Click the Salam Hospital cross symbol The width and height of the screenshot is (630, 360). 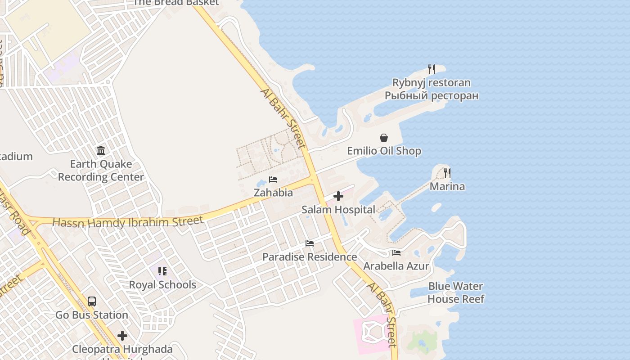click(x=338, y=196)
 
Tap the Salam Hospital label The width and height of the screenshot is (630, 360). click(x=338, y=210)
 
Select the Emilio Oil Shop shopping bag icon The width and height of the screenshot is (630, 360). click(x=384, y=138)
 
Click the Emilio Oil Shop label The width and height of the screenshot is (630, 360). click(x=384, y=151)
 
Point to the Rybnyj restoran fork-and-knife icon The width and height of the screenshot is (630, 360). click(x=431, y=69)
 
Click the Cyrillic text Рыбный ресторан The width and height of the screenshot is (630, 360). click(x=431, y=96)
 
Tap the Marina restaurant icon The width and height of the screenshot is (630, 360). click(x=447, y=173)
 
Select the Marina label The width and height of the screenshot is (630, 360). click(x=447, y=186)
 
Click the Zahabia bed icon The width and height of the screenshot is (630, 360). click(x=273, y=180)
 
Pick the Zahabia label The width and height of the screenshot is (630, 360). click(x=273, y=193)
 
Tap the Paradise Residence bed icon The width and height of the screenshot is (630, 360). click(x=310, y=243)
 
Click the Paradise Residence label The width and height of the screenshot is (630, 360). click(x=310, y=257)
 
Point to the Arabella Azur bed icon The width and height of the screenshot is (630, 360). click(x=396, y=253)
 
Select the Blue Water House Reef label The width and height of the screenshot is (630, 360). click(x=455, y=292)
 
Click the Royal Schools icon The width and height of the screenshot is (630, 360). click(x=162, y=271)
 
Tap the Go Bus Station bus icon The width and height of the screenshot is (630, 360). click(x=92, y=301)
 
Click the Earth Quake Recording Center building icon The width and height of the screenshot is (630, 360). click(x=101, y=150)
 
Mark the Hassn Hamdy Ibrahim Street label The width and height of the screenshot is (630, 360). click(x=128, y=222)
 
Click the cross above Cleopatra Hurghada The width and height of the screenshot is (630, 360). click(x=122, y=336)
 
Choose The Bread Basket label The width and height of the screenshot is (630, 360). click(x=176, y=3)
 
